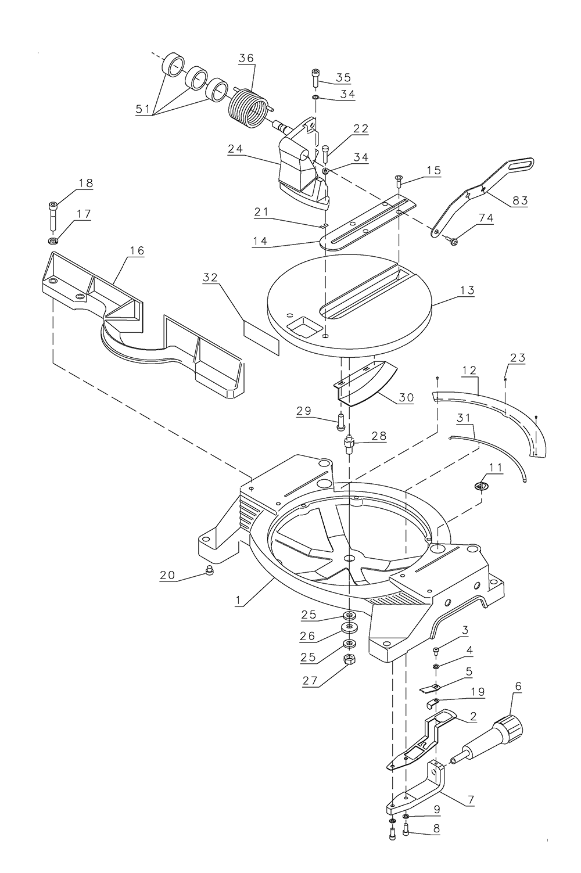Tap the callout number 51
[143, 109]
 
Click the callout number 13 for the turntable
[467, 290]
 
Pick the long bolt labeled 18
[53, 217]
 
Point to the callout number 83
[519, 200]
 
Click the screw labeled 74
[453, 240]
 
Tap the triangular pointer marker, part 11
[481, 486]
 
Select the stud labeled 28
[349, 444]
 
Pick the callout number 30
[406, 397]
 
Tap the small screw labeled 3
[436, 650]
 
